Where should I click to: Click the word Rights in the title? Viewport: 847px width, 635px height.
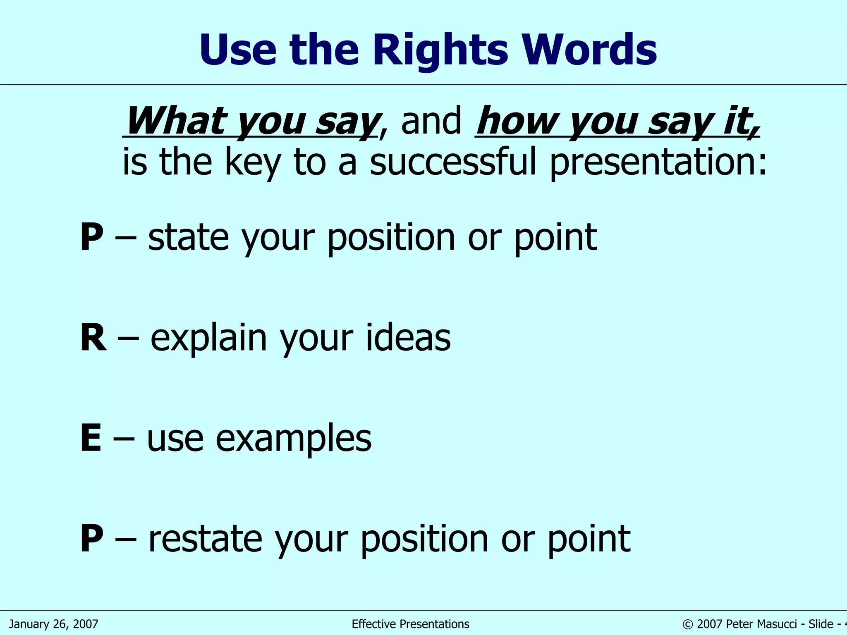pyautogui.click(x=440, y=50)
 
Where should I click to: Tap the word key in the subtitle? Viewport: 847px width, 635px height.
pyautogui.click(x=252, y=163)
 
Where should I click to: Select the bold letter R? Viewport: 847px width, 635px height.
pyautogui.click(x=93, y=338)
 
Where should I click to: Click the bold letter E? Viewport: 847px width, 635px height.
pyautogui.click(x=91, y=439)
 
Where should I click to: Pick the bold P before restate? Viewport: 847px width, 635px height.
pyautogui.click(x=91, y=539)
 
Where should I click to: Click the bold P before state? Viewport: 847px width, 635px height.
pyautogui.click(x=91, y=237)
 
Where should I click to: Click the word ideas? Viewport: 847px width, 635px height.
pyautogui.click(x=408, y=338)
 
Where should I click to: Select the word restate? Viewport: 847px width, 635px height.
pyautogui.click(x=206, y=539)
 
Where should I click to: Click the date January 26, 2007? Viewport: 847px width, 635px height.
pyautogui.click(x=54, y=624)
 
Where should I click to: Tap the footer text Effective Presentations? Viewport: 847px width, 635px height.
pyautogui.click(x=410, y=624)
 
